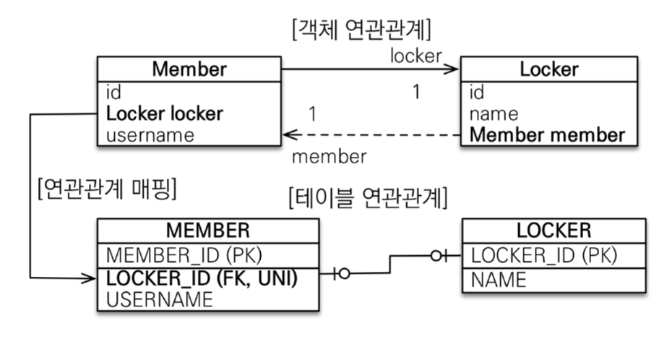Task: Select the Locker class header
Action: (549, 69)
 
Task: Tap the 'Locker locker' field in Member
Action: (165, 113)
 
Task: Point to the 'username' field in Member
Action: (150, 134)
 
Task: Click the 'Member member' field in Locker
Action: (547, 134)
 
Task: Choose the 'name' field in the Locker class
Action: (494, 113)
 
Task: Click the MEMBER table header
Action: (207, 231)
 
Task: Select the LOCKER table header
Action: (553, 231)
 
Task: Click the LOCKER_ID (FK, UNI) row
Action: (202, 278)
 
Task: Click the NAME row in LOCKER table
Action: (499, 280)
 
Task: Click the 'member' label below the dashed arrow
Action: (328, 156)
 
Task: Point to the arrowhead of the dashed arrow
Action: (287, 134)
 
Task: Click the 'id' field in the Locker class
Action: (477, 93)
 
